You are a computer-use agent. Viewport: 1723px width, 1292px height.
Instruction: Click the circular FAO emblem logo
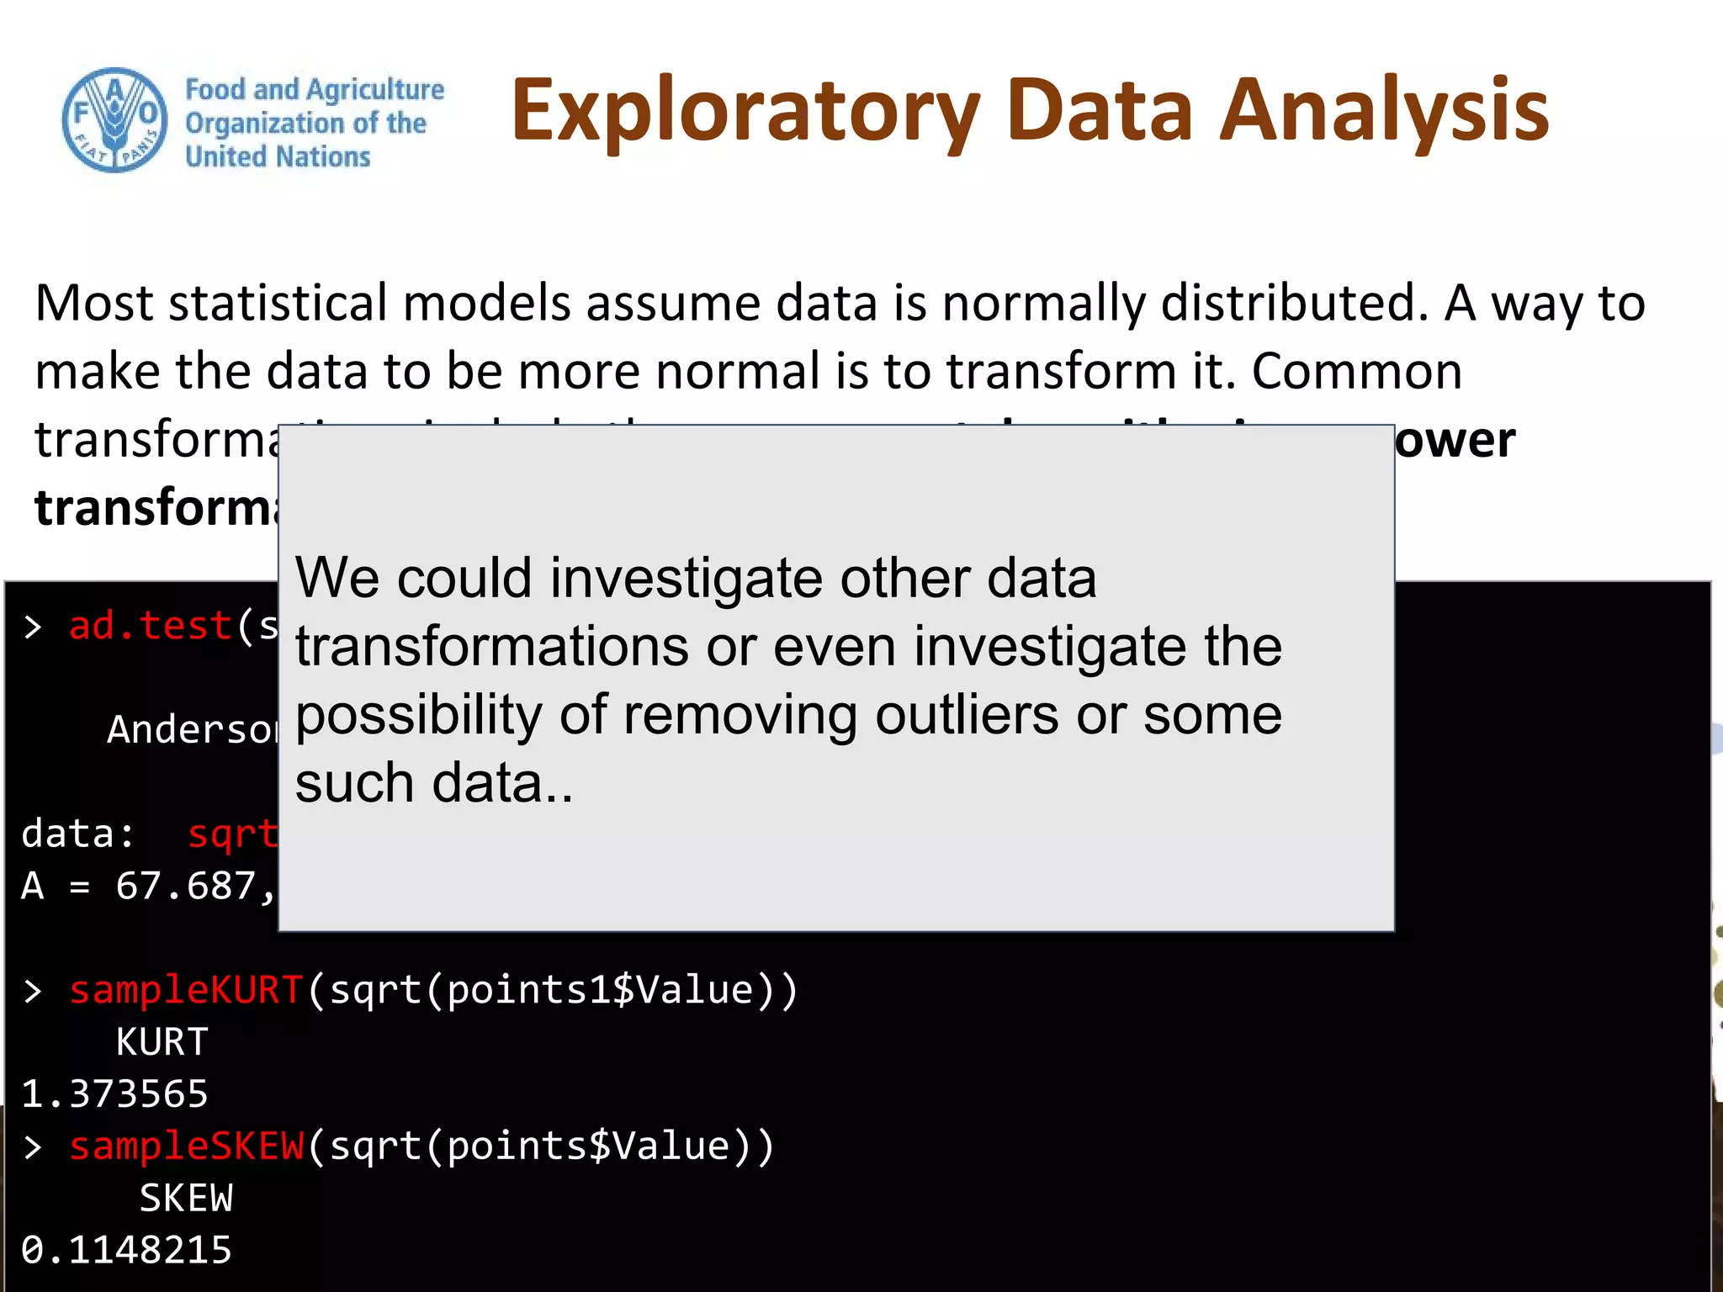(x=114, y=120)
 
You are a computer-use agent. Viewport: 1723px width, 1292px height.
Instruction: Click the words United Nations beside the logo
(x=278, y=156)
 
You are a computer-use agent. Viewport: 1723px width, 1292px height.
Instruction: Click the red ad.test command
(x=150, y=627)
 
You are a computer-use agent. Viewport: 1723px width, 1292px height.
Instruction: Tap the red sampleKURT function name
(x=185, y=990)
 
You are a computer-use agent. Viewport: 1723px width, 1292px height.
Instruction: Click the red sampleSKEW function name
(x=185, y=1146)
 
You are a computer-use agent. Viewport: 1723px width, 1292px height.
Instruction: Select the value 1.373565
(x=114, y=1094)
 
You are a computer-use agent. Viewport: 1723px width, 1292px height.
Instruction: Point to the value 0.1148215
(x=126, y=1251)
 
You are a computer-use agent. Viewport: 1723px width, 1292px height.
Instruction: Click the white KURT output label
(x=162, y=1042)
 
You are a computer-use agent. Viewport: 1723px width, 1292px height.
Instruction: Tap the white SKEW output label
(x=185, y=1199)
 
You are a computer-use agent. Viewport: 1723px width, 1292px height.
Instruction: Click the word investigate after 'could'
(x=687, y=579)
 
